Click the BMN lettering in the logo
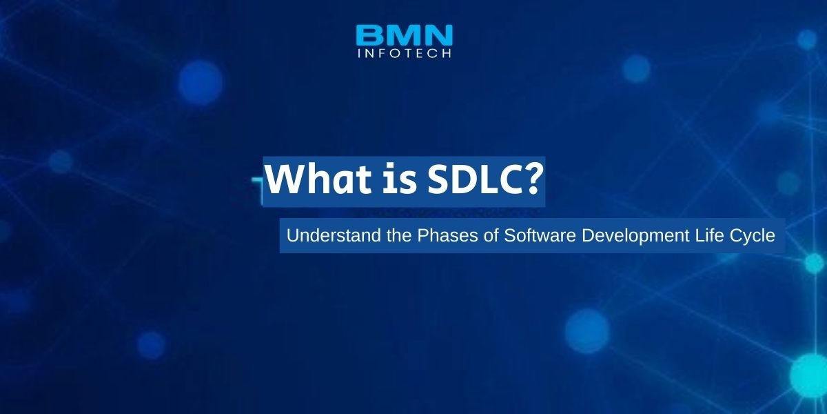tap(405, 34)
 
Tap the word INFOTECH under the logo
tap(405, 53)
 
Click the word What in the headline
tap(318, 179)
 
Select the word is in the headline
tap(400, 179)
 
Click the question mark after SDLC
tap(531, 179)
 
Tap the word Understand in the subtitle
tap(334, 235)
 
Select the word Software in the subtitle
tap(540, 235)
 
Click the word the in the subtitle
tap(399, 235)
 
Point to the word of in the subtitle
tap(491, 235)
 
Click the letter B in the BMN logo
tap(370, 34)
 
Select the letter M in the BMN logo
tap(405, 34)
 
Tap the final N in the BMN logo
tap(438, 34)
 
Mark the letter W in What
tap(285, 179)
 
